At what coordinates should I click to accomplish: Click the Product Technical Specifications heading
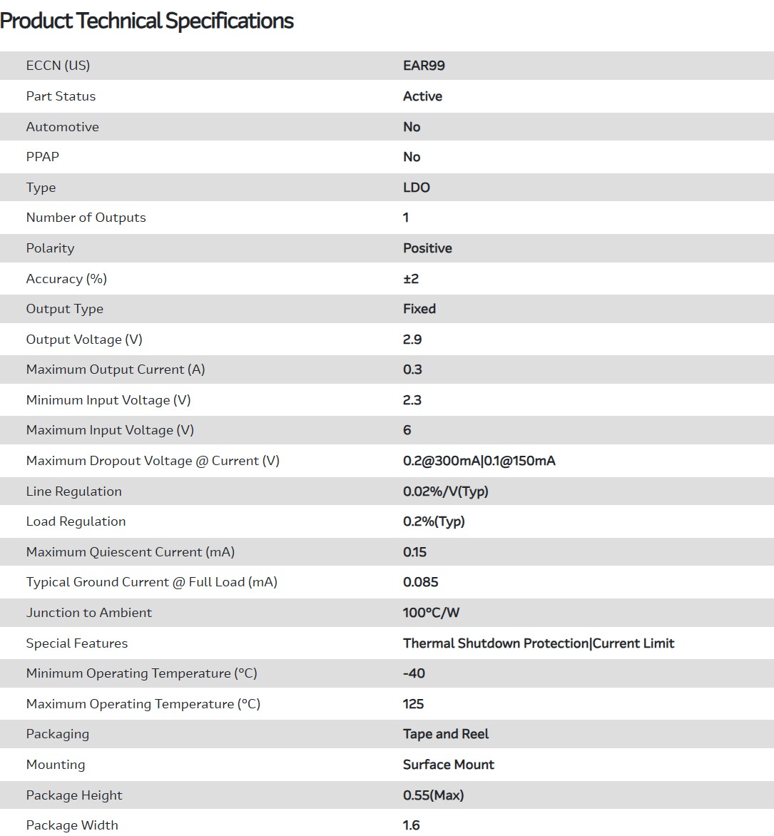point(147,21)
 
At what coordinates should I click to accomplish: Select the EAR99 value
point(424,66)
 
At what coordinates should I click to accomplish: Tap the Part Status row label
point(61,96)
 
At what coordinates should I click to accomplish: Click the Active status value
point(422,96)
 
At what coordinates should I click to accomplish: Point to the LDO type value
point(417,188)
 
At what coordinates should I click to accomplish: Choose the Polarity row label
point(50,248)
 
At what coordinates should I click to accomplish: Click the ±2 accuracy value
point(411,279)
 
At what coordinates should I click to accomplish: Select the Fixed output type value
point(419,309)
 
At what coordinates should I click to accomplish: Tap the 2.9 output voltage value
point(412,340)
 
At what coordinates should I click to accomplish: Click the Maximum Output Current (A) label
point(116,369)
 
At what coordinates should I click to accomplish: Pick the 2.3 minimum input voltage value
point(412,400)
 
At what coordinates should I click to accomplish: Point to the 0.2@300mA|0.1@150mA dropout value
point(479,461)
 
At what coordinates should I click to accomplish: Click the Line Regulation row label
point(73,491)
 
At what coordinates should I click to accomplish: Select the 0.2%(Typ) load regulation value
point(434,521)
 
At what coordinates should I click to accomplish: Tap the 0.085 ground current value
point(421,582)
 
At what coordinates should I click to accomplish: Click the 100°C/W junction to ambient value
point(431,613)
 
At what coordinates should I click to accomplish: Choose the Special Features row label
point(77,643)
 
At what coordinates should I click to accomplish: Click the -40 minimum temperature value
point(414,673)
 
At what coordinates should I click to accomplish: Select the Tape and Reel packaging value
point(446,734)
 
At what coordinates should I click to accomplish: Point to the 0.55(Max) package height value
point(433,795)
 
